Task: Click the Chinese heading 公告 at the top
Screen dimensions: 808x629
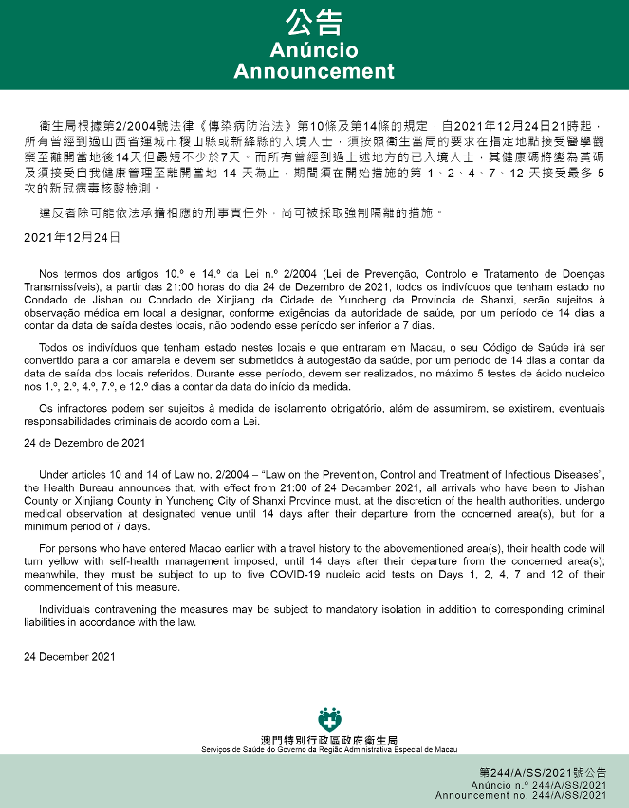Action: coord(314,23)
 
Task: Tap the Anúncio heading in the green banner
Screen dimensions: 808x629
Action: coord(314,50)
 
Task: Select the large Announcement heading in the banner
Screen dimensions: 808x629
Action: coord(314,72)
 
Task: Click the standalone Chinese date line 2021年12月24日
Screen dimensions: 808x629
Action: coord(72,236)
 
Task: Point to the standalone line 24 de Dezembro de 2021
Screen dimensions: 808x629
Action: coord(84,443)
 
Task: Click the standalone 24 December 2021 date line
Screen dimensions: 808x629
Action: coord(68,656)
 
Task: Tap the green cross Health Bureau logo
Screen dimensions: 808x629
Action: coord(328,719)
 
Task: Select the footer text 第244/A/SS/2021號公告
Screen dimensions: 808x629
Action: coord(543,772)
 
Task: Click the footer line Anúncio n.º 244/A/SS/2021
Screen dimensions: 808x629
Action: coord(539,785)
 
